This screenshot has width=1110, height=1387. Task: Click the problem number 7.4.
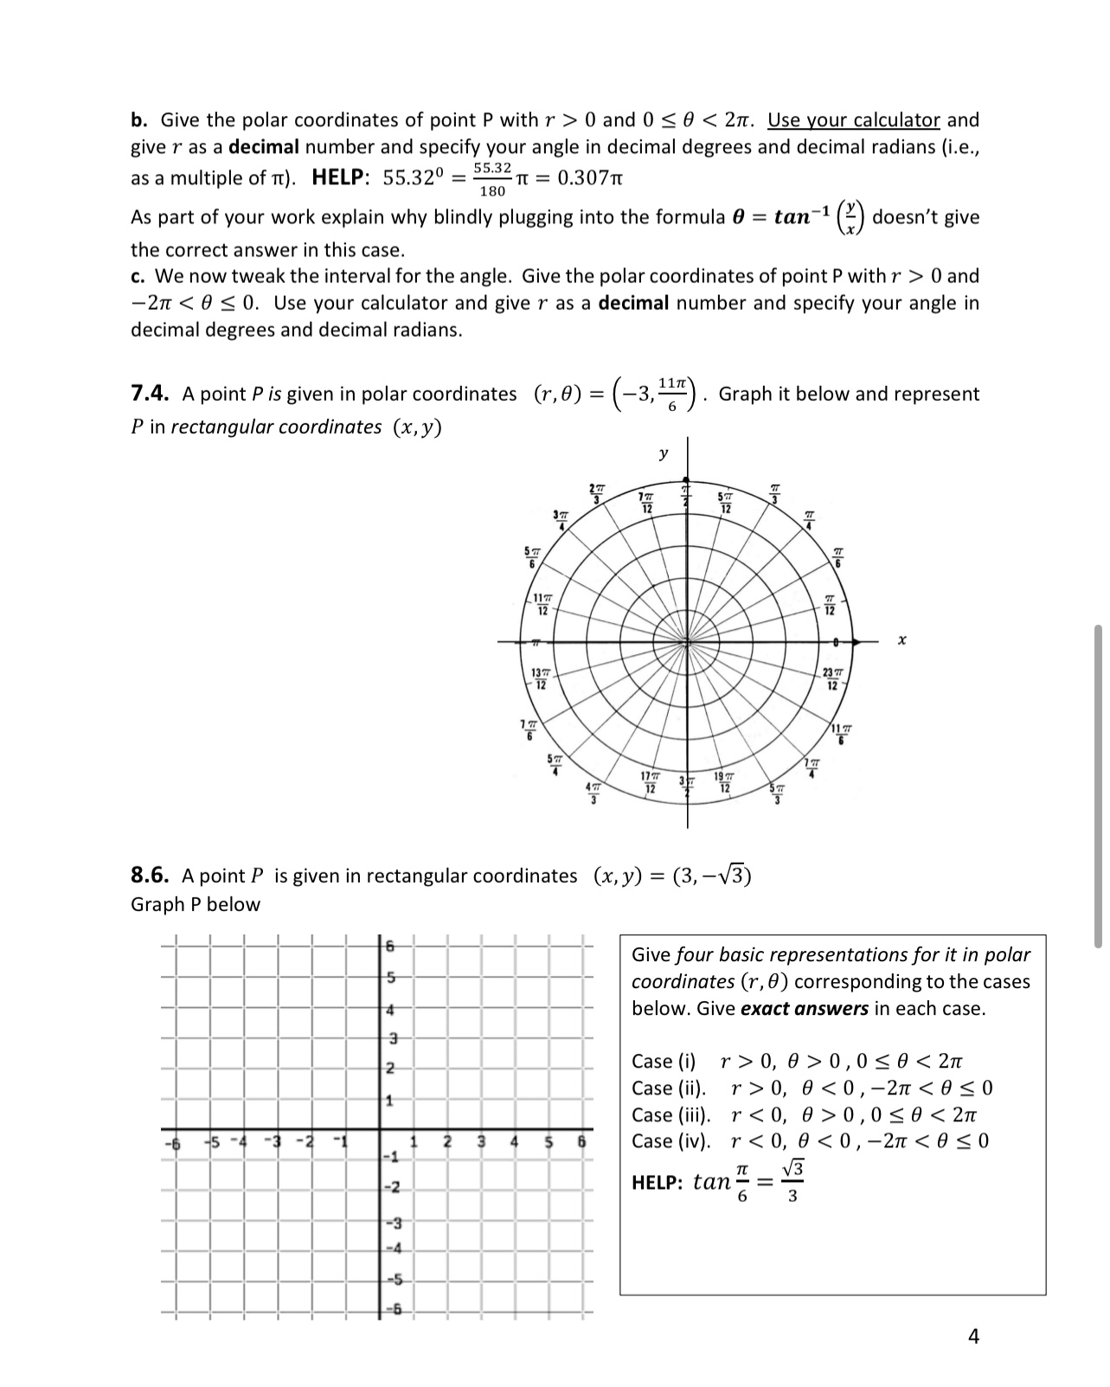point(148,394)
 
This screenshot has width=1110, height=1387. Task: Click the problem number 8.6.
point(148,876)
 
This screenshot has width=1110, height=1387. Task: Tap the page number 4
point(973,1337)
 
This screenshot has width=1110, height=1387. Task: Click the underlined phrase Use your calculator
point(853,119)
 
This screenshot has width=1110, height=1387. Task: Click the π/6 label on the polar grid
point(837,556)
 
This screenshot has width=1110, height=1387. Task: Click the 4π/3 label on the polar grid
point(593,792)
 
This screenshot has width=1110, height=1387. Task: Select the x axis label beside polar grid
point(901,641)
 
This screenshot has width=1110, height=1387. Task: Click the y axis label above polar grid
point(663,453)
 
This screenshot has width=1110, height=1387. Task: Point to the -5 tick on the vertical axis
point(389,1279)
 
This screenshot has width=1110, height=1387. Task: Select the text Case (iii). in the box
point(670,1114)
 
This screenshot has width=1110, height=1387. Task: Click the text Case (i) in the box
point(664,1061)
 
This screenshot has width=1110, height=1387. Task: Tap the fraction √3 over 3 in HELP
point(792,1182)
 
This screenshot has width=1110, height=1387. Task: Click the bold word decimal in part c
point(633,303)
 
